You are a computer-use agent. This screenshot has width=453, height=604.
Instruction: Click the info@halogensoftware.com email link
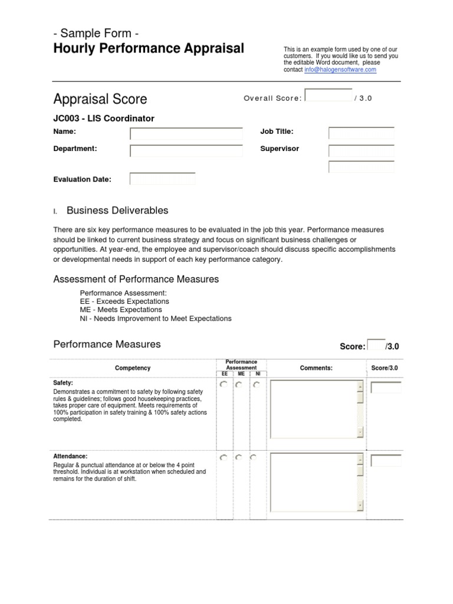tap(340, 70)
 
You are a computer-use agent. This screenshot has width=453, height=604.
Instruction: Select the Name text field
tap(186, 134)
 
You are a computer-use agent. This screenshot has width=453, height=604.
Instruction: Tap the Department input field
tap(186, 151)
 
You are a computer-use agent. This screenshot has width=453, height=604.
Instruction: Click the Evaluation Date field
tap(162, 179)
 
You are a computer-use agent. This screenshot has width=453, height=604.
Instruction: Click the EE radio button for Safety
tap(224, 385)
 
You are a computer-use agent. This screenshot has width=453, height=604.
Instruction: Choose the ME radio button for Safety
tap(239, 385)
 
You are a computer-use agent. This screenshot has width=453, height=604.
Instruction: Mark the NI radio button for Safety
tap(255, 385)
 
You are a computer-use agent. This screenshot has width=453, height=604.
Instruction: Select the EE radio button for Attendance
tap(224, 457)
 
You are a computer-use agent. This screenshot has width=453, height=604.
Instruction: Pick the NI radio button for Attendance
tap(254, 457)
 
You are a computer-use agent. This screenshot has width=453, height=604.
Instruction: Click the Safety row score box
tap(386, 388)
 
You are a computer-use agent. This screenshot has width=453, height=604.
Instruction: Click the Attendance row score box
tap(386, 460)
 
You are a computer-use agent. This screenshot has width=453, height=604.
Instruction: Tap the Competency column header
tap(133, 368)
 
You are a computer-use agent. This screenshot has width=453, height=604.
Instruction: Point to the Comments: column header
tap(316, 368)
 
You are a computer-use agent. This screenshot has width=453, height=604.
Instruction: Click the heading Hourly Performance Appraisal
tap(148, 48)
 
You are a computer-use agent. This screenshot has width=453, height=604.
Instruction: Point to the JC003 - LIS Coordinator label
tap(104, 119)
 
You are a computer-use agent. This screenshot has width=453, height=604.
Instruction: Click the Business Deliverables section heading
tap(117, 211)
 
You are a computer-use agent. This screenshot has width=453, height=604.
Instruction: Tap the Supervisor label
tap(280, 149)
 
